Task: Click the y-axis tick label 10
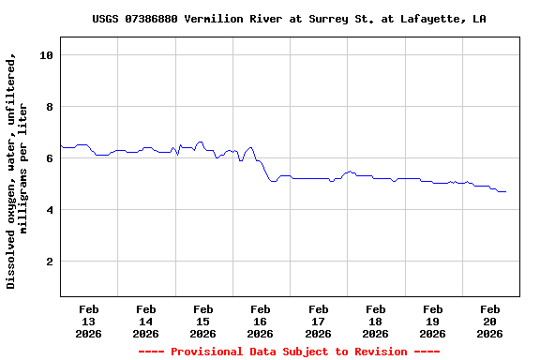tap(45, 55)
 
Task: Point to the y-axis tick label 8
tap(49, 107)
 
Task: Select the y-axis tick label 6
tap(49, 158)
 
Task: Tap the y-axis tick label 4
tap(49, 210)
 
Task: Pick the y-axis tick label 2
tap(49, 262)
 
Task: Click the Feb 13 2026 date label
tap(88, 321)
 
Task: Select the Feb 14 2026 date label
tap(145, 321)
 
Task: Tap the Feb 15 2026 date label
tap(202, 321)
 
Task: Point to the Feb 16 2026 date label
tap(260, 321)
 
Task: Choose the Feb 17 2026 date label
tap(318, 321)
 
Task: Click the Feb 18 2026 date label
tap(375, 321)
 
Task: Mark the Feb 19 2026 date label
tap(432, 321)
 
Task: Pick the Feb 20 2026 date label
tap(489, 321)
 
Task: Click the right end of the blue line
tap(506, 191)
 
